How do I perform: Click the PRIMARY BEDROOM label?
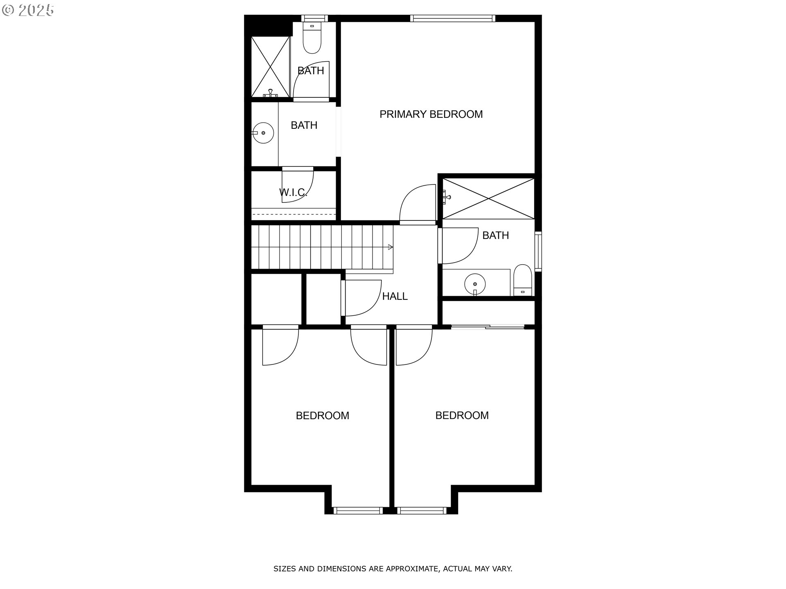pos(431,114)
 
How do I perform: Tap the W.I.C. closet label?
pos(293,192)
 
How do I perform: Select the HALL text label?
pos(395,296)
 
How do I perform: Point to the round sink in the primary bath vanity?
pos(263,133)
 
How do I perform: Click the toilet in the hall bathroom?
pos(522,280)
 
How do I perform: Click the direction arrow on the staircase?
pos(390,247)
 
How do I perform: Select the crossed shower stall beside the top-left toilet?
pos(270,67)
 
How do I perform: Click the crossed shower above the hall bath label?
pos(488,198)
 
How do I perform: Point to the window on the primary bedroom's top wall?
pos(452,18)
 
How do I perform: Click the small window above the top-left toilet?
pos(314,18)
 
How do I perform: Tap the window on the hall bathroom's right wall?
pos(538,251)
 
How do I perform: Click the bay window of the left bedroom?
pos(358,510)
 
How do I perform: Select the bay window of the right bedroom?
pos(422,510)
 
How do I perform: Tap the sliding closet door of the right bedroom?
pos(488,327)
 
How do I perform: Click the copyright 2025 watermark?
pos(28,10)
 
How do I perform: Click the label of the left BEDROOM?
pos(322,416)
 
